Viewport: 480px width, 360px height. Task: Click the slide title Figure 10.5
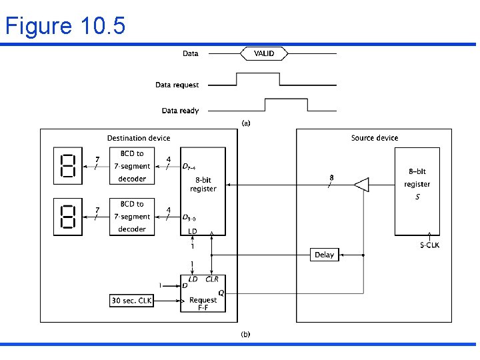pos(65,26)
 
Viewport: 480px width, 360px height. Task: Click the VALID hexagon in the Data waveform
pos(265,53)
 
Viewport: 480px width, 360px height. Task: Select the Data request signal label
pos(177,85)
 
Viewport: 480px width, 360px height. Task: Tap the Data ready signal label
pos(180,111)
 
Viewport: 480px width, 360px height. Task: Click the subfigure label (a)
pos(245,123)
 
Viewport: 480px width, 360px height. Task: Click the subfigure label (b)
pos(245,334)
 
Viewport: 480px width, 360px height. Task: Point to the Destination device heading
pos(139,138)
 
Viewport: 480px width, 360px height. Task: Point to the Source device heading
pos(374,138)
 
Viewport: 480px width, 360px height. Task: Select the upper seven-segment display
pos(67,166)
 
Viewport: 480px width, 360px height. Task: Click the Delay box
pos(325,255)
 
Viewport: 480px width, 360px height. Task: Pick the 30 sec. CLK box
pos(131,301)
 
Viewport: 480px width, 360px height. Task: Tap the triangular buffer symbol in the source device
pos(361,185)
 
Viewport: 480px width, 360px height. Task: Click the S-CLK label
pos(429,245)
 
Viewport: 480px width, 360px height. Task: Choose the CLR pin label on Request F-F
pos(212,279)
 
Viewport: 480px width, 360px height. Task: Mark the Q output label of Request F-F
pos(221,291)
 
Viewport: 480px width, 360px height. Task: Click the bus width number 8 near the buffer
pos(332,178)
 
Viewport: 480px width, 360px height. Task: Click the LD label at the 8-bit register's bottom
pos(193,231)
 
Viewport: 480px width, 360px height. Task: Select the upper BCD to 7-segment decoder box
pos(132,166)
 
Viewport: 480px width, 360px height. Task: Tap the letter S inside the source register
pos(417,197)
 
